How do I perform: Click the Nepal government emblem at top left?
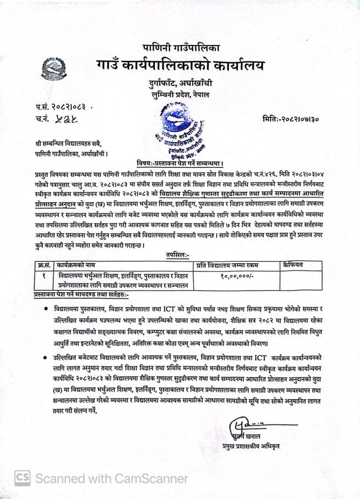[x=53, y=69]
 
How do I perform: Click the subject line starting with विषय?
[x=179, y=163]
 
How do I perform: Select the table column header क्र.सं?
[x=44, y=265]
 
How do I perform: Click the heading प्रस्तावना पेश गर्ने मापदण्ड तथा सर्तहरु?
[x=81, y=295]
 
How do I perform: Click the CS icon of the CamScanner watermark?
[x=22, y=478]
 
